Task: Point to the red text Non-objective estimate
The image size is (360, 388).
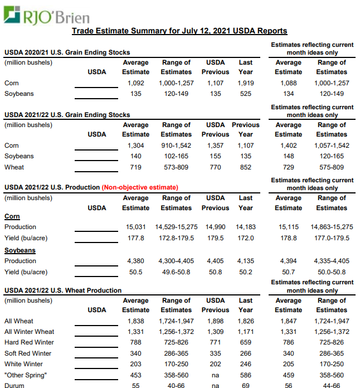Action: coord(140,187)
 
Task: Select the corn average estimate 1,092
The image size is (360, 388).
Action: coord(136,83)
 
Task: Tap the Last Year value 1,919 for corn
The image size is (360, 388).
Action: coord(246,83)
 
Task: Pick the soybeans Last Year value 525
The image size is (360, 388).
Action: coord(246,94)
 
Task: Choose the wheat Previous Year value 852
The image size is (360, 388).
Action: coord(246,167)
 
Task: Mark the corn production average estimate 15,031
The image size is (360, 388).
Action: coord(136,227)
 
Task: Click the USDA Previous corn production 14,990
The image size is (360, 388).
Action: coord(215,227)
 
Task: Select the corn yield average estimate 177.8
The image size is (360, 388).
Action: coord(136,238)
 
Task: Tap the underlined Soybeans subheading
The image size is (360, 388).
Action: coord(20,250)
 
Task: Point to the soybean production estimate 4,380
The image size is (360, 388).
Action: coord(136,261)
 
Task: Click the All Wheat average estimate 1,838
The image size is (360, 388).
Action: coord(136,321)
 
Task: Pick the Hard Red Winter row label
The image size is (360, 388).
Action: coord(29,342)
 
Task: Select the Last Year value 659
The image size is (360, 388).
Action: coord(246,342)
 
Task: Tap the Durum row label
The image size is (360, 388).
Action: coord(14,385)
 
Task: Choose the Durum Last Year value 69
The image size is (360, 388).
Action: coord(246,385)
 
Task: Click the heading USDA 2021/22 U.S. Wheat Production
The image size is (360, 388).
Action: coord(63,290)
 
